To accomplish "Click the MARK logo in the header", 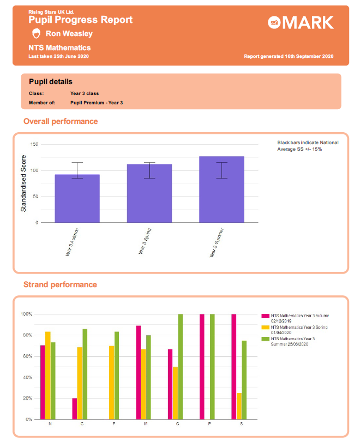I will pos(301,22).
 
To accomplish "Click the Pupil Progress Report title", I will pos(80,20).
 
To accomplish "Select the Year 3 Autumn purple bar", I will pos(77,198).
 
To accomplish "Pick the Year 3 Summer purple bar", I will pos(221,189).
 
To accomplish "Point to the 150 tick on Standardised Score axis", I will pos(34,144).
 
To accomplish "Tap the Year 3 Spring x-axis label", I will pos(145,241).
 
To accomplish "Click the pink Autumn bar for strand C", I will pos(74,408).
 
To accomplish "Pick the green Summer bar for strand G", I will pos(180,366).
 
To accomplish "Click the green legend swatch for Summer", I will pos(266,339).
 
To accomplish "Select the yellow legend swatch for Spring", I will pos(266,328).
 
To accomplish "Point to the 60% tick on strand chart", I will pos(26,356).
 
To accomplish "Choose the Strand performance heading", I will pos(60,284).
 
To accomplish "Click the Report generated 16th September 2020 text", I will pos(289,57).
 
